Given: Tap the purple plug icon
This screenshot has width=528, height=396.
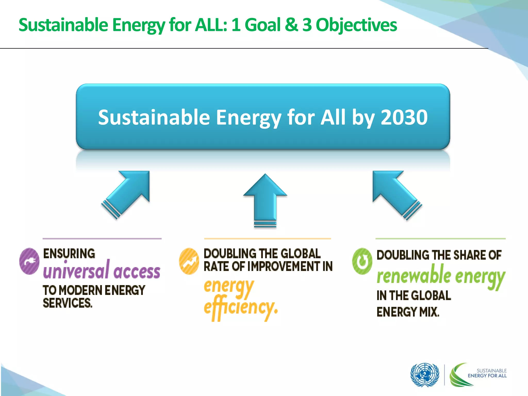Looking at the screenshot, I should click(29, 261).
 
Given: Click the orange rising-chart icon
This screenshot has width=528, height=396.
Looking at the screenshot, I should click(189, 261).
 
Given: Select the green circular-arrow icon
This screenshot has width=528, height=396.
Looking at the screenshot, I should click(362, 261).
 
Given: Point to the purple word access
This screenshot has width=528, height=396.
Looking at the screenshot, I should click(137, 272).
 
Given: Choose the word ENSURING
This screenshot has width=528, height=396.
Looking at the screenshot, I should click(69, 254).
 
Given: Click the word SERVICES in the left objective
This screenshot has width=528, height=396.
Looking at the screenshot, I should click(68, 303).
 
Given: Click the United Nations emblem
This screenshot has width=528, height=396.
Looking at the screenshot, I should click(425, 375).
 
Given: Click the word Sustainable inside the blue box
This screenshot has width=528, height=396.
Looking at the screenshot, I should click(154, 117).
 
